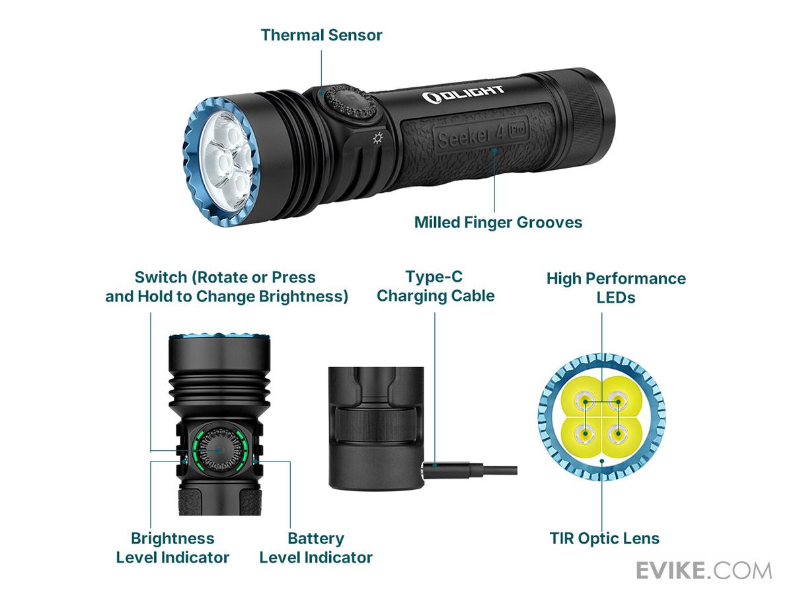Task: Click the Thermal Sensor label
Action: (x=321, y=35)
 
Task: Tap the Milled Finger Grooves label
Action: (x=498, y=222)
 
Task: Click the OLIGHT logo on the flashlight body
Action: (x=463, y=95)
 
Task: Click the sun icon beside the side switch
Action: (x=378, y=138)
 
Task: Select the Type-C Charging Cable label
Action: (x=435, y=286)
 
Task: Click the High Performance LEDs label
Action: (x=616, y=288)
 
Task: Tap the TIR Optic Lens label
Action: (x=604, y=538)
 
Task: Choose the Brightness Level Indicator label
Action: (x=172, y=547)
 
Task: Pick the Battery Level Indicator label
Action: (x=316, y=547)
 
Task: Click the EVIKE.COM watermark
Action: (x=704, y=571)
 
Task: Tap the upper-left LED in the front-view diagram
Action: (x=585, y=401)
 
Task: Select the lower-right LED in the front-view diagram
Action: (x=618, y=433)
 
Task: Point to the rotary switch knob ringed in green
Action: (x=218, y=450)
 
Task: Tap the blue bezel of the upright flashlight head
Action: (x=219, y=337)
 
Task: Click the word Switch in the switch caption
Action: (x=161, y=278)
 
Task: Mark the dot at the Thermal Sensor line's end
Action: (x=321, y=93)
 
